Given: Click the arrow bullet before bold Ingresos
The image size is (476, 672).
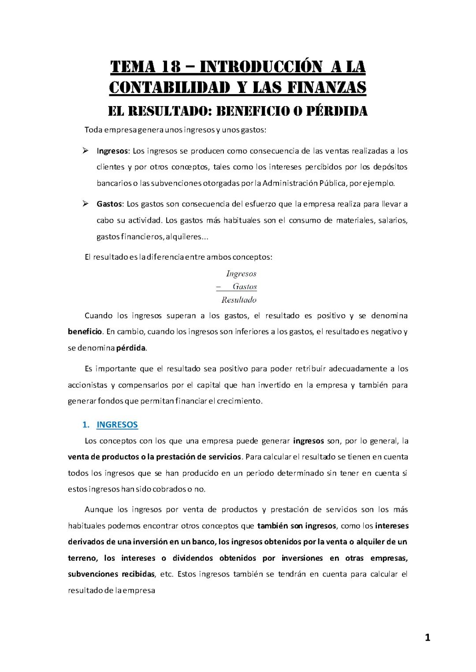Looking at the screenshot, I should [86, 151].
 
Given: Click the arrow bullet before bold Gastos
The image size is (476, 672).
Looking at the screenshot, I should [86, 204].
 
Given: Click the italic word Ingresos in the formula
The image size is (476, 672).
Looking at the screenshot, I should [241, 274].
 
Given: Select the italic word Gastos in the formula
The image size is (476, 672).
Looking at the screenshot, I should [245, 287].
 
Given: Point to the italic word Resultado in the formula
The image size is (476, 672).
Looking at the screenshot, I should [239, 300].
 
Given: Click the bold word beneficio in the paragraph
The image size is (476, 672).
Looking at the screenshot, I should [86, 331].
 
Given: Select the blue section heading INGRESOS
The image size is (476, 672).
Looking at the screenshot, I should [117, 425].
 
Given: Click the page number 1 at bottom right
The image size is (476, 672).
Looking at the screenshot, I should [427, 638].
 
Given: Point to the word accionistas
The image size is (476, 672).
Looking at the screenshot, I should [86, 385].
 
